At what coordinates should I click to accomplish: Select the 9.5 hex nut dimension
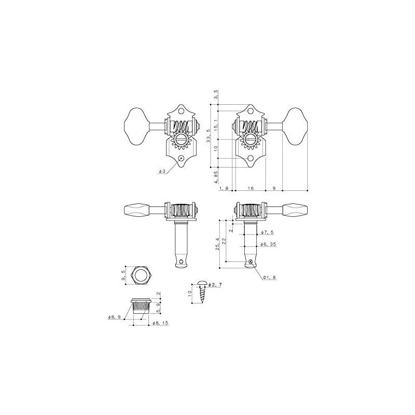123,275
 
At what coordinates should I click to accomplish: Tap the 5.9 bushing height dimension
158,308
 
